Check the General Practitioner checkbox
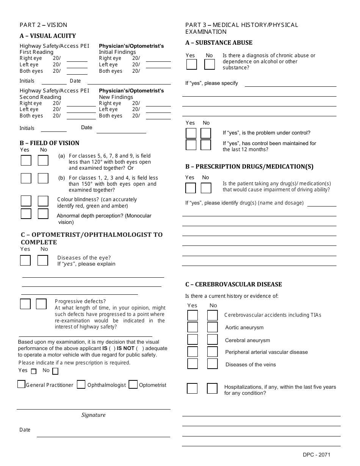tap(22, 384)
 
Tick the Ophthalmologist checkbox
tap(81, 385)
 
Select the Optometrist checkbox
tap(133, 385)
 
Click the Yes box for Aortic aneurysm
tap(193, 327)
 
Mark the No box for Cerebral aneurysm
tap(213, 339)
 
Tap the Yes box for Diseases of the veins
tap(193, 364)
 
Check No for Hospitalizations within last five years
tap(212, 388)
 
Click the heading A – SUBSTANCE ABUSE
tap(219, 43)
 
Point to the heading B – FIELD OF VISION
tap(50, 143)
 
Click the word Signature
tap(93, 415)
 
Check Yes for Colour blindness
tap(26, 201)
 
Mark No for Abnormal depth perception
tap(43, 214)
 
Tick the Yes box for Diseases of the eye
tap(25, 260)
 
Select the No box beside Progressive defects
tap(41, 304)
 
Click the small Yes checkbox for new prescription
tap(34, 371)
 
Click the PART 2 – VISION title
tap(43, 25)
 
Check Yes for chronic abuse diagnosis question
tap(192, 64)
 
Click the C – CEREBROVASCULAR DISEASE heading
tap(233, 284)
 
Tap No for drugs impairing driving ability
tap(206, 188)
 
